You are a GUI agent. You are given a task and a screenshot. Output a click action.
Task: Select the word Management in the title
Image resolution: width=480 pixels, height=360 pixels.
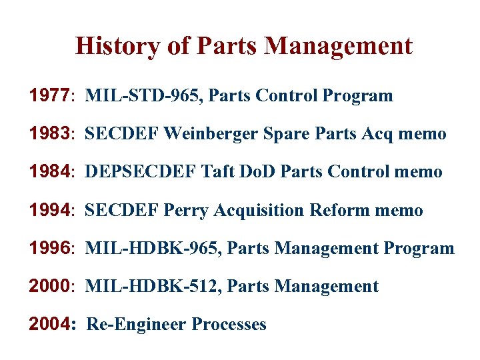(x=339, y=46)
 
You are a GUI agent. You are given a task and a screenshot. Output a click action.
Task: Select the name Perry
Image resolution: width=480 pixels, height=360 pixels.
(x=187, y=210)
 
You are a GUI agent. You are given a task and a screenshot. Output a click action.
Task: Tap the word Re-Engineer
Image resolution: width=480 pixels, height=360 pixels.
(x=137, y=325)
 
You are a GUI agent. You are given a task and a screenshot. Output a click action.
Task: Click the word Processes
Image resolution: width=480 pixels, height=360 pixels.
(x=229, y=325)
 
